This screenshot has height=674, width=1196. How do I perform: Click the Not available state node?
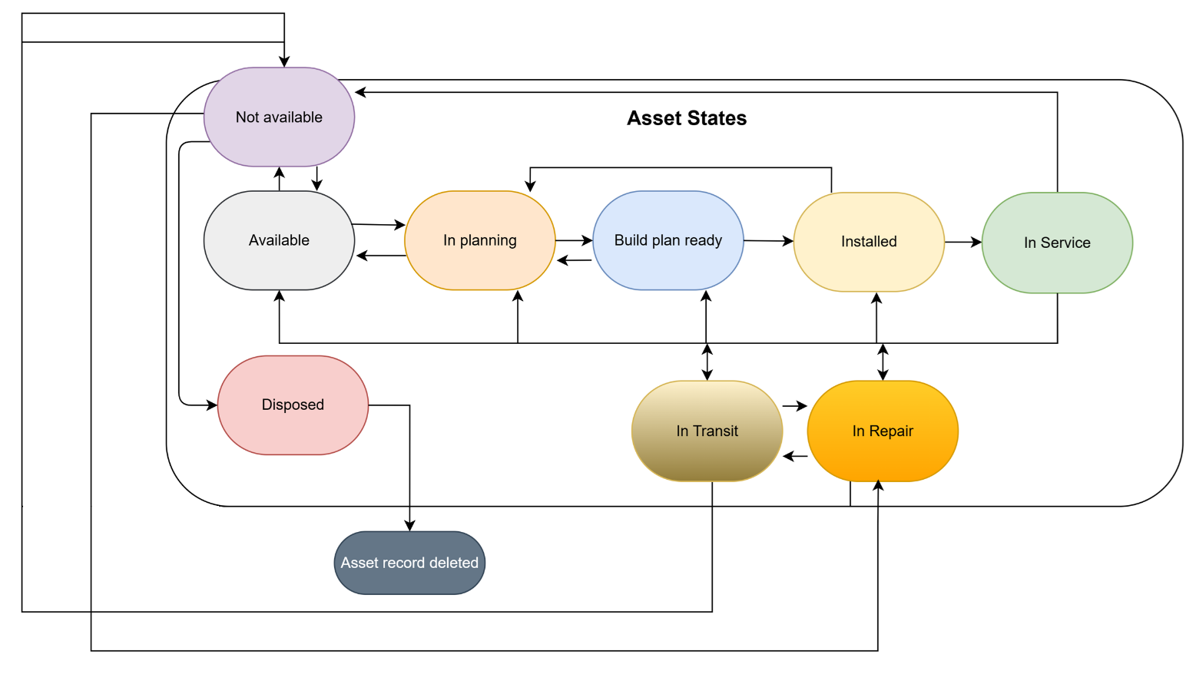(x=279, y=117)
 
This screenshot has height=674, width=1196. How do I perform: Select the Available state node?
(x=279, y=240)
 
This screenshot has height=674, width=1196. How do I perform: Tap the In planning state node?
(x=479, y=240)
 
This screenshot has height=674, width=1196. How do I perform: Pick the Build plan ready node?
(x=668, y=240)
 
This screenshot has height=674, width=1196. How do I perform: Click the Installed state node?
(x=868, y=242)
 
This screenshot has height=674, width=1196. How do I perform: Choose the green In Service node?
(x=1056, y=243)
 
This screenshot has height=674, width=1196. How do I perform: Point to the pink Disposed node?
(x=293, y=405)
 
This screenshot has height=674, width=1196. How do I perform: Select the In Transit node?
(x=707, y=431)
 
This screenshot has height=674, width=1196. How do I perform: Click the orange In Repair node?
(x=883, y=431)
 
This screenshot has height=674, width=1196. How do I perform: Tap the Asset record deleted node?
(x=409, y=563)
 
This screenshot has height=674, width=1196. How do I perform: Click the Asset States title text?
(x=686, y=118)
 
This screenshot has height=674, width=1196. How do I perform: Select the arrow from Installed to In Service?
(x=962, y=243)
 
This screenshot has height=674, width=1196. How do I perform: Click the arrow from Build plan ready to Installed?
(x=768, y=241)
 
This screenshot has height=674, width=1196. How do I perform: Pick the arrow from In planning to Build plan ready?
(x=574, y=240)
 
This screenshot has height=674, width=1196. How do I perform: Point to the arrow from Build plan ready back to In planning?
(x=574, y=260)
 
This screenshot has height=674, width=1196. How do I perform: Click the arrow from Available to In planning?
(x=379, y=224)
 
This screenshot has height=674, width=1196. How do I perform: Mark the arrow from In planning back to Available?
(x=380, y=256)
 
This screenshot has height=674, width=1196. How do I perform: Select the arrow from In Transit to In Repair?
(x=795, y=405)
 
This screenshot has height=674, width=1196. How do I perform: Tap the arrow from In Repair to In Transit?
(x=795, y=456)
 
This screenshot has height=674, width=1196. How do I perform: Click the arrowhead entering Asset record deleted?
(x=409, y=526)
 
